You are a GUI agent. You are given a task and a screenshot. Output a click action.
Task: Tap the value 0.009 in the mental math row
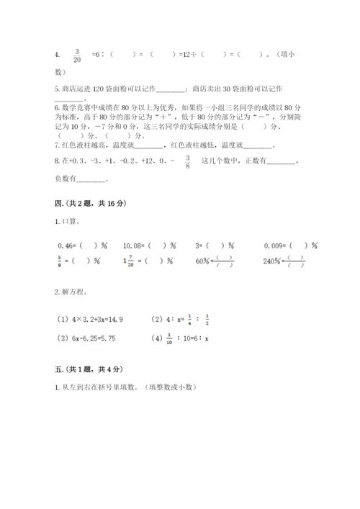click(273, 245)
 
